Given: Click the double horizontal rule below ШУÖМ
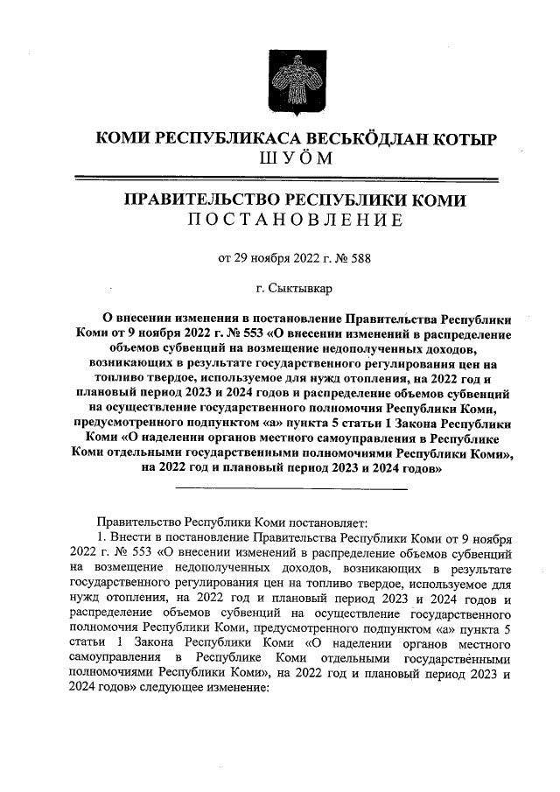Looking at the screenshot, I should (x=294, y=178).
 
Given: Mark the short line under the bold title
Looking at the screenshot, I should (x=292, y=487).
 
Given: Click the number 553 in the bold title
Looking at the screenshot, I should (x=243, y=333).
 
